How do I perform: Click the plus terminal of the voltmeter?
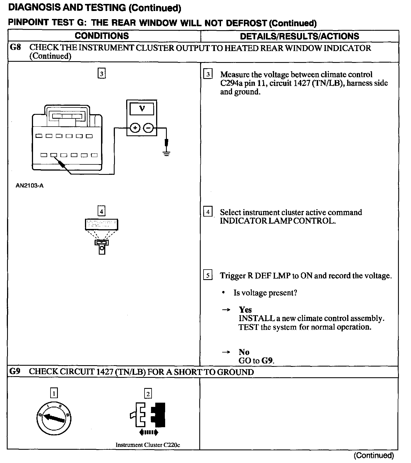[x=135, y=128]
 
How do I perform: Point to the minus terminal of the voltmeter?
[x=148, y=128]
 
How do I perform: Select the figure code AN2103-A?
[x=30, y=186]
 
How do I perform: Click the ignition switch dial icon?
[x=54, y=418]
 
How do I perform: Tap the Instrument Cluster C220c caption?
[x=148, y=445]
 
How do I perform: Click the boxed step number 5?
[x=208, y=275]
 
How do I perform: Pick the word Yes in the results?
[x=245, y=310]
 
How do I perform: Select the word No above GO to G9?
[x=244, y=352]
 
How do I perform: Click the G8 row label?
[x=15, y=47]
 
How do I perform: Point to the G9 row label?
[x=15, y=371]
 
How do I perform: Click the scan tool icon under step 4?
[x=102, y=236]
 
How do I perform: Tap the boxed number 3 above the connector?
[x=102, y=74]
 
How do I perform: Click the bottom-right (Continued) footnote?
[x=373, y=455]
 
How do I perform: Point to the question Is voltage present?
[x=265, y=293]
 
